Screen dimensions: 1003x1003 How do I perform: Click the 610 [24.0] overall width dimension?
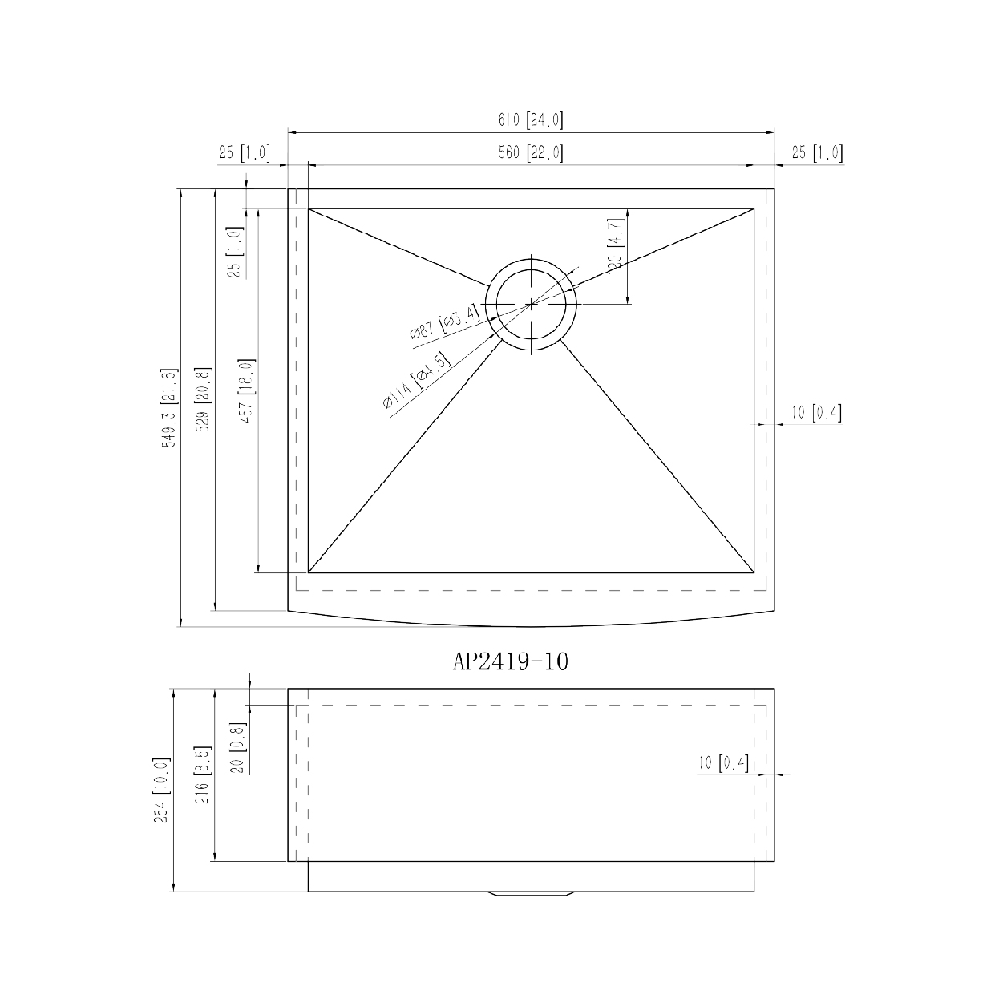coord(531,120)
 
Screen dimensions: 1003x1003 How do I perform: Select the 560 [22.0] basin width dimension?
coord(531,152)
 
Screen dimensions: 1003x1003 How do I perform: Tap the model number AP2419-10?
coord(511,661)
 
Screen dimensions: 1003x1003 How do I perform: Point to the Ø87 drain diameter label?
coord(445,324)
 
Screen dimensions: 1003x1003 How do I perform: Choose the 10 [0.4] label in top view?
coord(816,413)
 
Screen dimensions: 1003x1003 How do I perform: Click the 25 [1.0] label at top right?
coord(817,152)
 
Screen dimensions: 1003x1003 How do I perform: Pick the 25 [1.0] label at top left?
coord(244,152)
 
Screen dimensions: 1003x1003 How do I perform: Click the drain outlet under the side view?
coord(531,894)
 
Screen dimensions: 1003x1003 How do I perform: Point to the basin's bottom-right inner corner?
coord(754,572)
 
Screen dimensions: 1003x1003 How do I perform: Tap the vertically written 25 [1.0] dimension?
coord(235,252)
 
